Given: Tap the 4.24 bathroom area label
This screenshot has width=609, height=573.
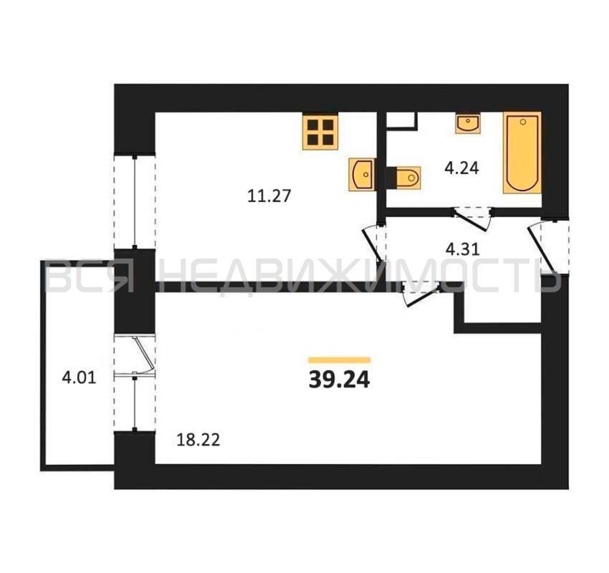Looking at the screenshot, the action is coord(462,168).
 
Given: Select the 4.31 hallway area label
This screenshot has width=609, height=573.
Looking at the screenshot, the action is coord(462,250).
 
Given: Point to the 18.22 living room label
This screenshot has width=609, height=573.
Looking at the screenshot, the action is coord(199,440).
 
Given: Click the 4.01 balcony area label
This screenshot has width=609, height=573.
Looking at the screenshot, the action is coord(79,378).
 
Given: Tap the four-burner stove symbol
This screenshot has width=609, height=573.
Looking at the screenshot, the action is coord(320,132).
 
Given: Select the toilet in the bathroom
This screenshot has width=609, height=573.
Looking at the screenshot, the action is coord(403,177).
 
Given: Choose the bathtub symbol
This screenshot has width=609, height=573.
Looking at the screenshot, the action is coord(522,153).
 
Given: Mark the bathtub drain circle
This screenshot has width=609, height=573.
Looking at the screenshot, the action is coord(523,122).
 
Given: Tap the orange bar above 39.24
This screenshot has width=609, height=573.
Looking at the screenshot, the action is coord(339,360).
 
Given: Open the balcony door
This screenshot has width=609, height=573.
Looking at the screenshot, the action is coord(142,355).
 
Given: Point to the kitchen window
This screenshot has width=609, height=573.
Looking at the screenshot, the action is coord(134,201).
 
